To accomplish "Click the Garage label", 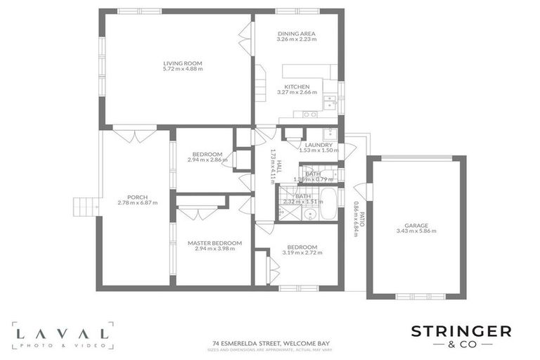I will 416,225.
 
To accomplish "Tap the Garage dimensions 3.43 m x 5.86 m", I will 416,231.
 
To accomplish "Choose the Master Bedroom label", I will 214,243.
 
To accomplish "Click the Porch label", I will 137,197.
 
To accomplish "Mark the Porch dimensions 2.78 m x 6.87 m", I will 137,203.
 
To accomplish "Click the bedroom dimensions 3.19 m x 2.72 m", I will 300,252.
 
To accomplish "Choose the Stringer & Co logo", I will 461,335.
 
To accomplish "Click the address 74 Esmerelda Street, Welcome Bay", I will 271,343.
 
